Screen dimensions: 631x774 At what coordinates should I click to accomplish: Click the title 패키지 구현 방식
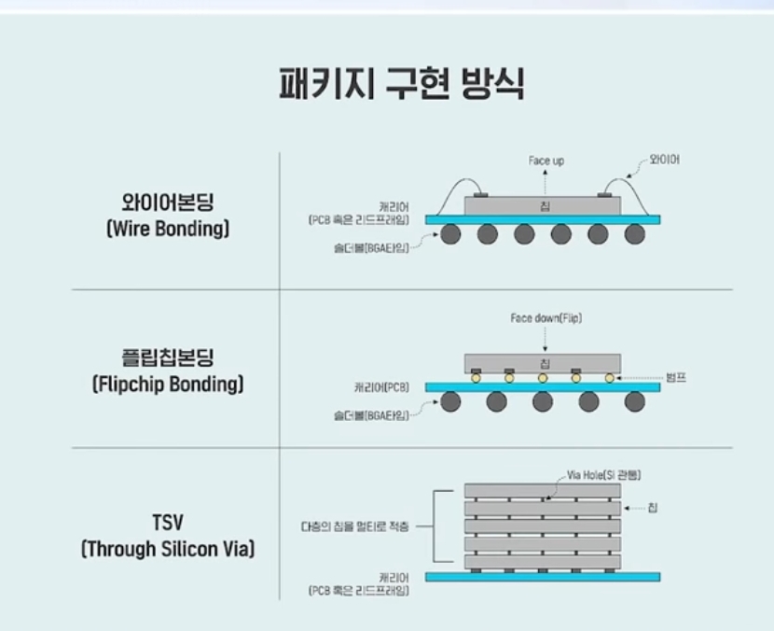[401, 84]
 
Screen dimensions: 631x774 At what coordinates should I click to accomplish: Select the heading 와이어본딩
[168, 203]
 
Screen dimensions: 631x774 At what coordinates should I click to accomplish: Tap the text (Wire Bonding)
[168, 228]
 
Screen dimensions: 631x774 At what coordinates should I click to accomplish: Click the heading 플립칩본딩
[168, 358]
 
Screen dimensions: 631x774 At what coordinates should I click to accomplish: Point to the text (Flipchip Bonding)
[168, 384]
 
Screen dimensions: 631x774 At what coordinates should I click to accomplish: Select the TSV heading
[168, 523]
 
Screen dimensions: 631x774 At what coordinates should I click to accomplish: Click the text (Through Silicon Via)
[168, 549]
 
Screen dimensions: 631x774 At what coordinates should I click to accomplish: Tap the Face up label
[546, 161]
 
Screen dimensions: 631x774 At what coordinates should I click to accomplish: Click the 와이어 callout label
[664, 160]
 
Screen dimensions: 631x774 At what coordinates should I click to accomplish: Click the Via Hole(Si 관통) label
[603, 475]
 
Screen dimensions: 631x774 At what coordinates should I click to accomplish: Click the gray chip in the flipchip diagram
[543, 362]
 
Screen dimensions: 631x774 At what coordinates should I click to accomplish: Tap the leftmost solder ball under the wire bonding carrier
[451, 234]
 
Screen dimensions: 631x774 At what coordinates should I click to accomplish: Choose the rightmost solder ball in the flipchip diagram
[634, 402]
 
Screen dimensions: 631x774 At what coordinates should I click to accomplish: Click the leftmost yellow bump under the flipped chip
[476, 378]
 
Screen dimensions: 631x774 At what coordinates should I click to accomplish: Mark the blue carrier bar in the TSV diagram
[543, 577]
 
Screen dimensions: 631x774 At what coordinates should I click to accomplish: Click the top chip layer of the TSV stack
[542, 491]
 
